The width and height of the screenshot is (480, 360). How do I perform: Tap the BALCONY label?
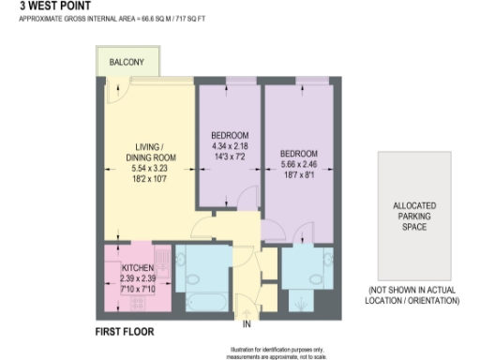coord(126,62)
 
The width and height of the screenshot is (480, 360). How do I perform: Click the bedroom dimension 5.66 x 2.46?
coord(299,164)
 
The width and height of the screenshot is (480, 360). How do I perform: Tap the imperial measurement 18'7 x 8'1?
coord(299,174)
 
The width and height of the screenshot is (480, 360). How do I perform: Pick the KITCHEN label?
coord(138,267)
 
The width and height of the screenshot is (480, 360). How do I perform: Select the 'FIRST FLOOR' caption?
coord(126,331)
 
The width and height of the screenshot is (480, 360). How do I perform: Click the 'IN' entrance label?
coord(247,325)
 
